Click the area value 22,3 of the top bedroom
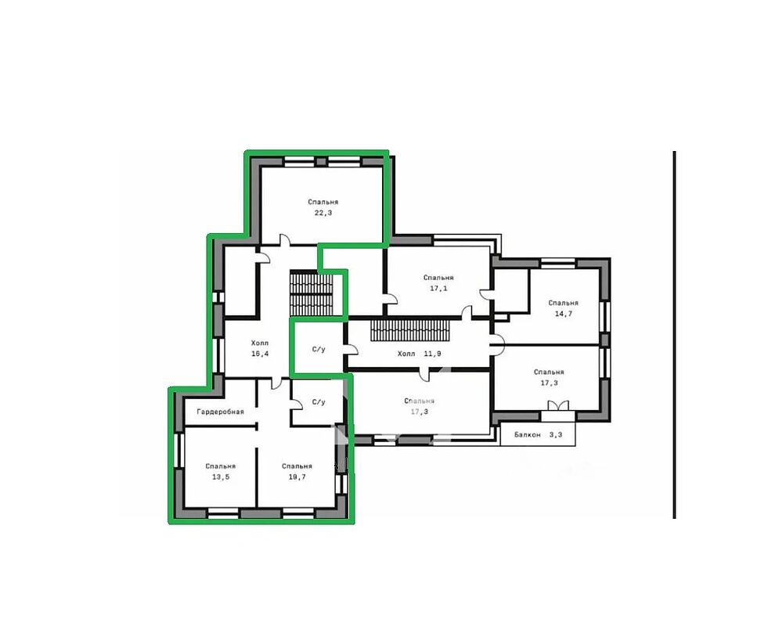(x=323, y=213)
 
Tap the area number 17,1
(x=438, y=289)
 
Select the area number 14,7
(x=564, y=314)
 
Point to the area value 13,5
(x=221, y=477)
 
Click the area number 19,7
(x=297, y=477)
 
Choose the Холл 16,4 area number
(x=259, y=354)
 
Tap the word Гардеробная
(x=221, y=412)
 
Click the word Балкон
(x=527, y=435)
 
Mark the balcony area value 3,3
(x=556, y=435)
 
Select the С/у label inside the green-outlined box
(x=319, y=349)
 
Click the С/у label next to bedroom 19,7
(x=319, y=402)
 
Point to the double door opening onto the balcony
(x=558, y=405)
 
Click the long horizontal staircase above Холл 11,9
(x=410, y=330)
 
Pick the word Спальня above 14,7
(x=563, y=303)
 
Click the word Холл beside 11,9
(x=406, y=354)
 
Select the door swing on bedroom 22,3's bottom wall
(x=285, y=239)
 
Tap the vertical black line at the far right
(x=674, y=335)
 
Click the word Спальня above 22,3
(x=323, y=202)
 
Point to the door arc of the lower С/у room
(x=297, y=403)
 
